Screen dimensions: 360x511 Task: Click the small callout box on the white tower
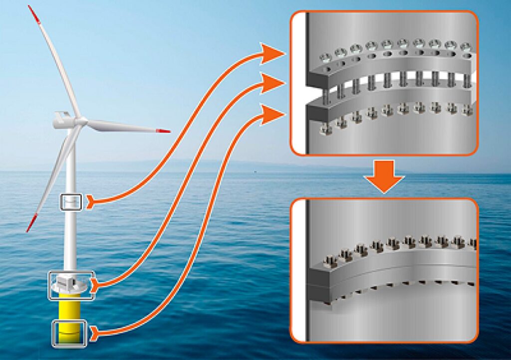click(70, 202)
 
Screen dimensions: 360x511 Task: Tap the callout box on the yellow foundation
click(70, 333)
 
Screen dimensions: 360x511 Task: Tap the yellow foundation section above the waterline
click(70, 309)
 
